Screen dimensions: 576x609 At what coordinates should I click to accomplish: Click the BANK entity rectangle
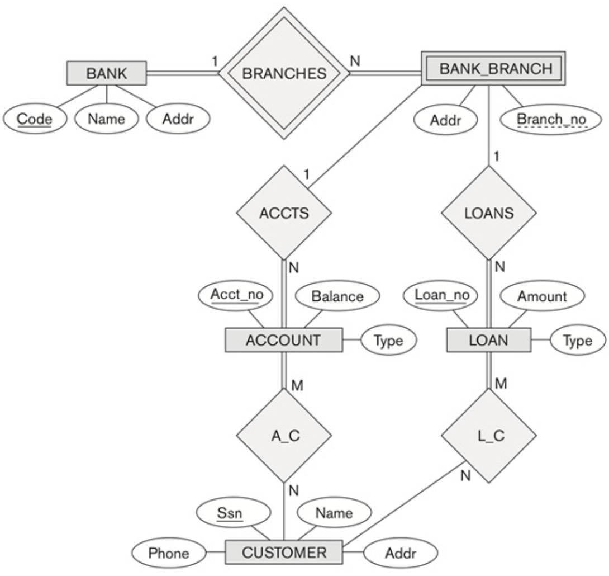pos(107,73)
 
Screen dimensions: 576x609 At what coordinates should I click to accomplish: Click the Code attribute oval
pos(35,119)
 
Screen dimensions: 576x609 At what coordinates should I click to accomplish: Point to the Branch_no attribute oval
pos(550,119)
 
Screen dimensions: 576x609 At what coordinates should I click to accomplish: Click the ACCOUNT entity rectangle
pos(284,340)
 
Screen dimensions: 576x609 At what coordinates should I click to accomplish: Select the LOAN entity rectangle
pos(488,340)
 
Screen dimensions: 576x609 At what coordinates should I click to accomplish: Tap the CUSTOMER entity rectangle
pos(284,553)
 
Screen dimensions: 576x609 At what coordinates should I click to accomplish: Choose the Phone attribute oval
pos(168,553)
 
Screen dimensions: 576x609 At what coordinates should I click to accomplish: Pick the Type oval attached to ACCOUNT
pos(388,341)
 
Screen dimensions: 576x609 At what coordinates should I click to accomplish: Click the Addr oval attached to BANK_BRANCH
pos(444,119)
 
